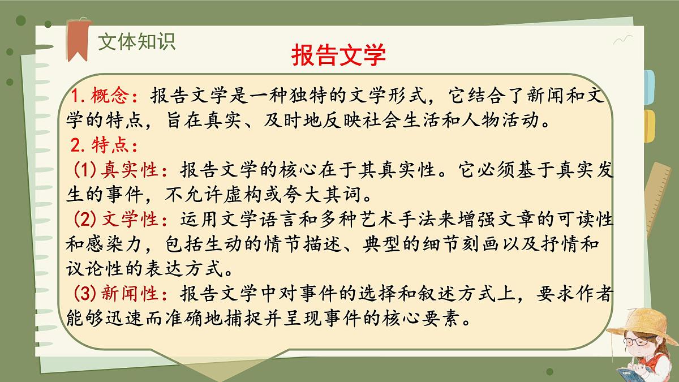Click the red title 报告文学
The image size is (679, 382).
click(338, 55)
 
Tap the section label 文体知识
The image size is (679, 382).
click(136, 41)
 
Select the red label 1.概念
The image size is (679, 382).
click(102, 96)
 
